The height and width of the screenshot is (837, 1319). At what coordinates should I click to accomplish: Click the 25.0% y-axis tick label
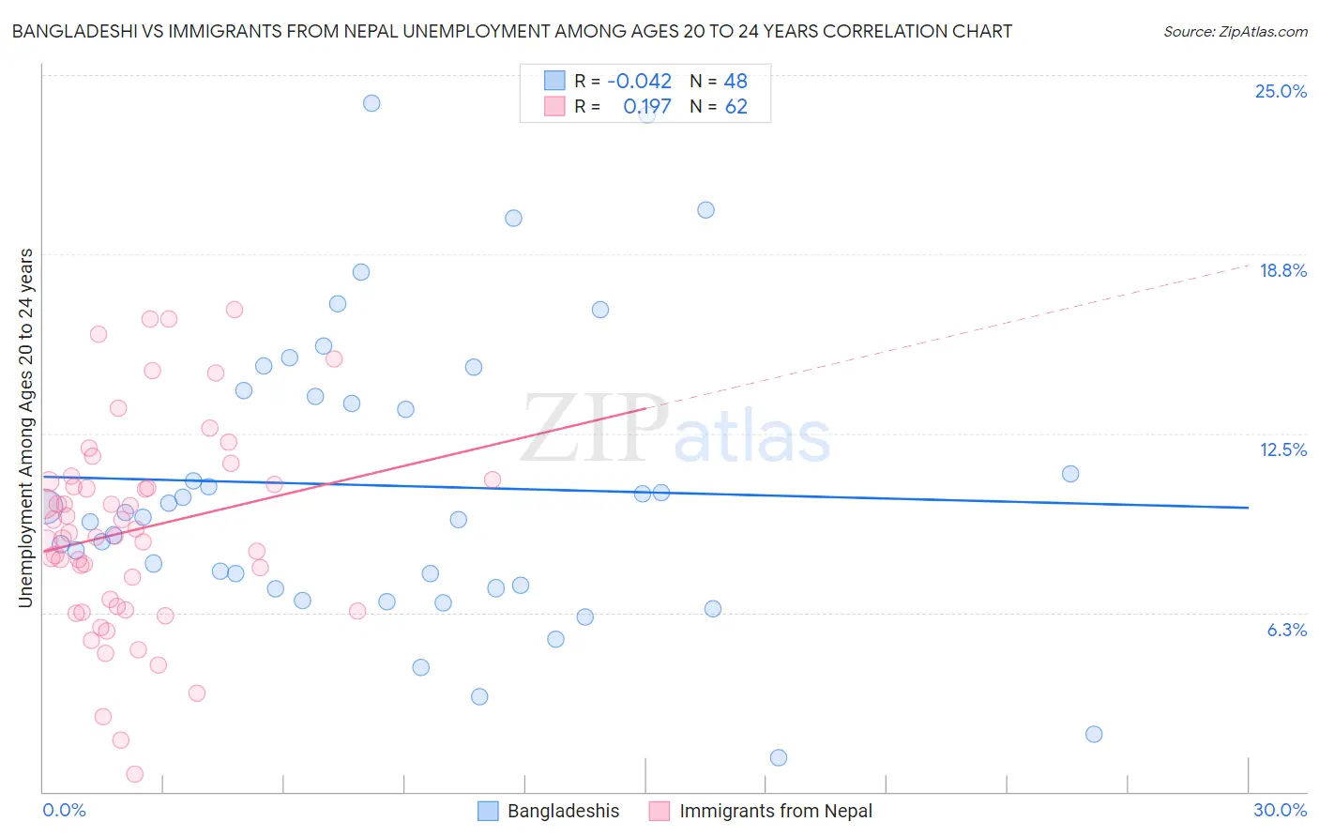pos(1281,91)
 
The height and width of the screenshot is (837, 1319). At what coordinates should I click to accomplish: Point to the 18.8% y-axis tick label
pos(1282,270)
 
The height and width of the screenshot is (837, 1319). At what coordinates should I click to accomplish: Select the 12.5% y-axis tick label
pos(1282,449)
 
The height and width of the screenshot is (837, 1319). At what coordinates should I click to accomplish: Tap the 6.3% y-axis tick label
pos(1286,630)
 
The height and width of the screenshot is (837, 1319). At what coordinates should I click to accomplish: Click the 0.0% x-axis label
pos(64,810)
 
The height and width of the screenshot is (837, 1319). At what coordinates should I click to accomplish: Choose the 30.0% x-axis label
pos(1280,810)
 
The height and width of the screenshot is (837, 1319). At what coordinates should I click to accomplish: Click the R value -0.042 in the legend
pos(639,81)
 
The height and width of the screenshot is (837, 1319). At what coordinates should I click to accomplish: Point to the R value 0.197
pos(646,106)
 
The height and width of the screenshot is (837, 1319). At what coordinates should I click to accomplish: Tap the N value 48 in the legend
pos(735,81)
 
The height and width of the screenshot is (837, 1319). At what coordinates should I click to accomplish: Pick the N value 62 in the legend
pos(735,106)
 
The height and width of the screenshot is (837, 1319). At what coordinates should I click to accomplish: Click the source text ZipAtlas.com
pos(1235,31)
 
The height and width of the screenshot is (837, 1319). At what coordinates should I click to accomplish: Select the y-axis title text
pos(26,428)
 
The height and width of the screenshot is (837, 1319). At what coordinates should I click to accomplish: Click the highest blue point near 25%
pos(371,103)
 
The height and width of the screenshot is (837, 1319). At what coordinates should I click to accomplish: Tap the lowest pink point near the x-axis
pos(135,774)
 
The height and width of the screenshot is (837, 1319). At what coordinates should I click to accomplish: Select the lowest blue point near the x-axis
pos(778,757)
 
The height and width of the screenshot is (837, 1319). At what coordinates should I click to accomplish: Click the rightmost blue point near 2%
pos(1094,734)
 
